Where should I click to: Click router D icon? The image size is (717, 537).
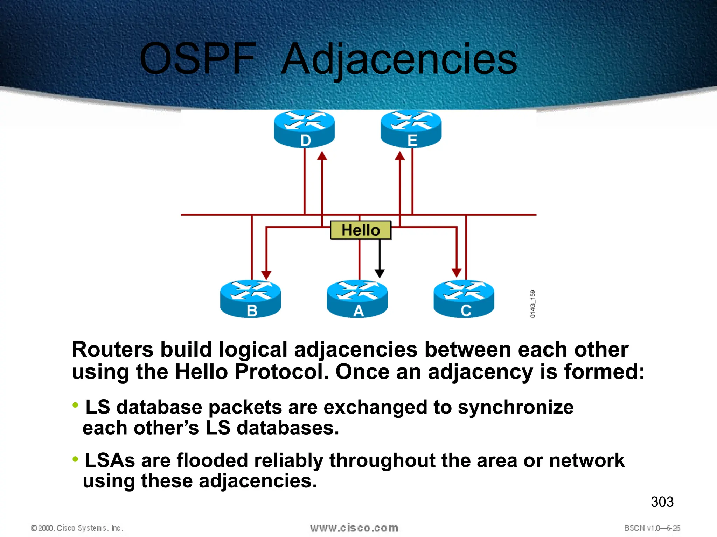pos(304,128)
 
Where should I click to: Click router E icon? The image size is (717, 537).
pos(411,128)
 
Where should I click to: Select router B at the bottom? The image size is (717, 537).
pos(250,299)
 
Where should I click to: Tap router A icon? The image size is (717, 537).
pos(357,299)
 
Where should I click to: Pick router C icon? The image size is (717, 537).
pos(464,299)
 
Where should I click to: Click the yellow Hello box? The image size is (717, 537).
pos(361,230)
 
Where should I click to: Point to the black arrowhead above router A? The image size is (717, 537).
pos(380,273)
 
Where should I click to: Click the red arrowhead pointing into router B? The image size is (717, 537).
pos(266,275)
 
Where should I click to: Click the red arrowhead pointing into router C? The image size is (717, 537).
pos(457,272)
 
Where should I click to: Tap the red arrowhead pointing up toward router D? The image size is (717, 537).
pos(322,156)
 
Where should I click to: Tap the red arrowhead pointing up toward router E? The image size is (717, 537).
pos(400,156)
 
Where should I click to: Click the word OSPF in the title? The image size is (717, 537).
pos(198,59)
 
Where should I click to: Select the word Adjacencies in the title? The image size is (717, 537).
pos(399,59)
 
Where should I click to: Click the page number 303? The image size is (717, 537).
pos(662,502)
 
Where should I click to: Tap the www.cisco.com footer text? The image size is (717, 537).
pos(354,528)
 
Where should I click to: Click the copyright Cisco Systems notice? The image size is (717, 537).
pos(77,528)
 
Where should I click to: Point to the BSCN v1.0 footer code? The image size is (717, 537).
pos(652,528)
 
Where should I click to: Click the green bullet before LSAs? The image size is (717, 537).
pos(75,459)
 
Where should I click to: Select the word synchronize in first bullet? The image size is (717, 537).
pos(515,408)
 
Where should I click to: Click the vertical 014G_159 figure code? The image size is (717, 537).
pos(532,303)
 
